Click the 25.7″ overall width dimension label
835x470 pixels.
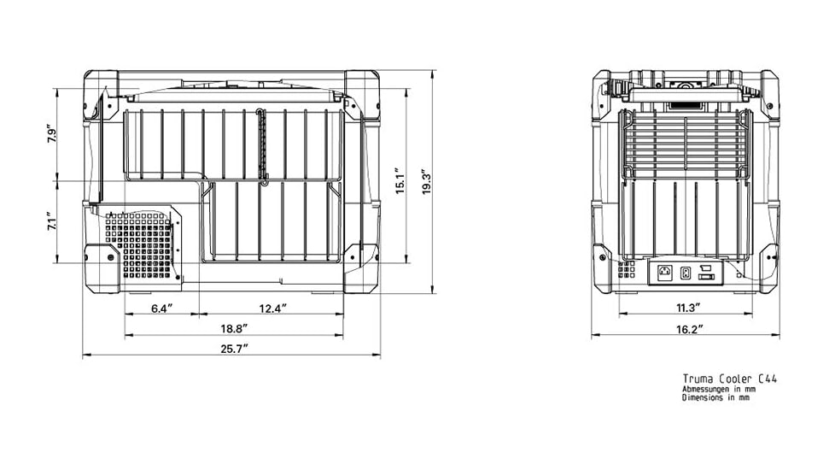[x=235, y=349]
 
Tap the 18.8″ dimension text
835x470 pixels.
[x=234, y=329]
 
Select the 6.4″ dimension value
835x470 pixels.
[x=162, y=308]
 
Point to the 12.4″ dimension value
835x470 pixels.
[x=273, y=308]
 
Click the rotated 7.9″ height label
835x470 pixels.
[x=52, y=134]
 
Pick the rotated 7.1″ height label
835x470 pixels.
[x=52, y=221]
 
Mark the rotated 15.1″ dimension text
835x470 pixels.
[x=401, y=180]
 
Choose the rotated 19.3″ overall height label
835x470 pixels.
[x=427, y=181]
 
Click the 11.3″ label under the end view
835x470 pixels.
[x=687, y=308]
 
